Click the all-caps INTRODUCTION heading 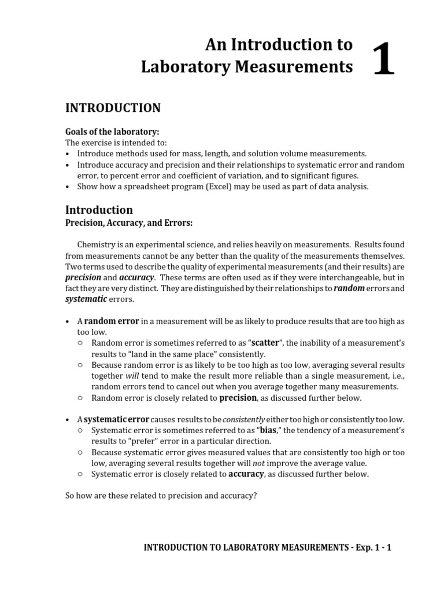coord(113,108)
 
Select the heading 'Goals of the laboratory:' coord(112,132)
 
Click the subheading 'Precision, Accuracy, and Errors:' coord(129,223)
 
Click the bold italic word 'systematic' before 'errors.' coord(86,299)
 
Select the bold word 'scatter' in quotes coord(265,343)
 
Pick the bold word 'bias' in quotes coord(268,430)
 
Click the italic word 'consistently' coord(243,419)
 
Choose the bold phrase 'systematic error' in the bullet coord(116,419)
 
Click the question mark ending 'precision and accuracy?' coord(254,496)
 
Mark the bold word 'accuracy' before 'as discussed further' coord(246,474)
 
